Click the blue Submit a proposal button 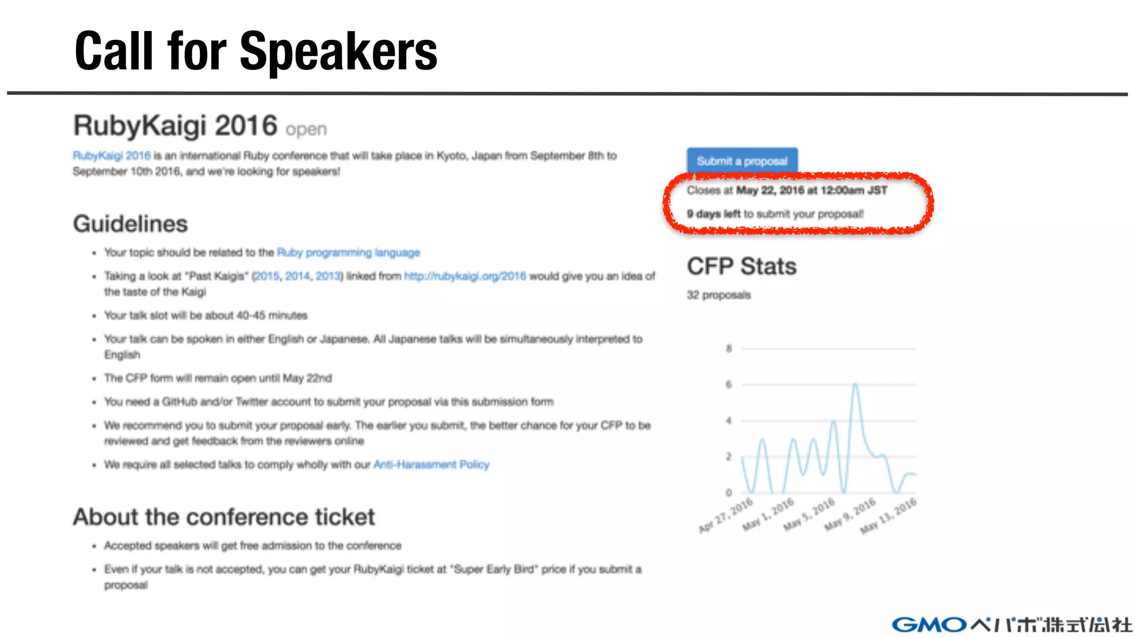(x=742, y=161)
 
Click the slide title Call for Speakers (x=256, y=52)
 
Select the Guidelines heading (x=130, y=224)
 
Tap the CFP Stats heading (x=742, y=266)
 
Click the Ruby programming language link (x=348, y=253)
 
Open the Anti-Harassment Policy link (x=431, y=464)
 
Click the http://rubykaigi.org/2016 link (x=464, y=276)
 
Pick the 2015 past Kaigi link (x=267, y=276)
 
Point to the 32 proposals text (x=718, y=295)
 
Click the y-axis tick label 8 (x=729, y=348)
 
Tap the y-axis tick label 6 (x=729, y=384)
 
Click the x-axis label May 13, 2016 (x=888, y=516)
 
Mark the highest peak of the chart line (x=856, y=384)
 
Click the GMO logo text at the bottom (x=929, y=625)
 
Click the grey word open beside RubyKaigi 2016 (x=306, y=129)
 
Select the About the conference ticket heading (x=224, y=517)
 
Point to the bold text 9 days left (x=713, y=214)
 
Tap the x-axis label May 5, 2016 (x=809, y=514)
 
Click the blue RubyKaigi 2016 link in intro (x=111, y=156)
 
